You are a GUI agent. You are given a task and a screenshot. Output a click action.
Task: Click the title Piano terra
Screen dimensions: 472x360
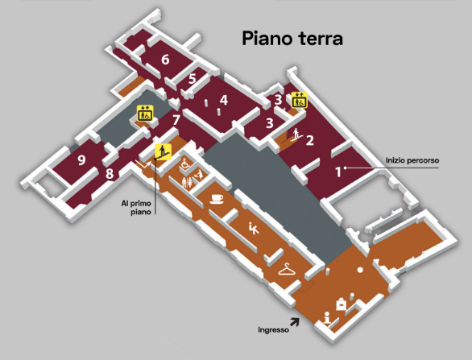292,39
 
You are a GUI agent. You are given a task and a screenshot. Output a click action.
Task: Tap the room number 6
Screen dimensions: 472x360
165,60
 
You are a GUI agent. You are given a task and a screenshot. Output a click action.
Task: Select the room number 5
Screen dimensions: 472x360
193,79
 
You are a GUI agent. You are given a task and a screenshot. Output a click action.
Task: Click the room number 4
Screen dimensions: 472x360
224,100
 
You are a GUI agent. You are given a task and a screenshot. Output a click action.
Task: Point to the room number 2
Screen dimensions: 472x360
310,140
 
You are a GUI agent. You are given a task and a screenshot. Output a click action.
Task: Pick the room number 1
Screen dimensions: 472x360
338,172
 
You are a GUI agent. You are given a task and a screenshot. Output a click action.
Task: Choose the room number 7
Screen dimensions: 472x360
176,120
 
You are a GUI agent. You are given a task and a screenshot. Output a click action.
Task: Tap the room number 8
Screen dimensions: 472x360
110,174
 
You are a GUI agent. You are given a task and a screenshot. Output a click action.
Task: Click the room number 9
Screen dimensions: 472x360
81,160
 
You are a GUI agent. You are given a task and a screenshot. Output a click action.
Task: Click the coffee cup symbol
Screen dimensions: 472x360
217,199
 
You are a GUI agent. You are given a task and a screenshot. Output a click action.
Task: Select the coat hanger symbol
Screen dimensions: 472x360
287,269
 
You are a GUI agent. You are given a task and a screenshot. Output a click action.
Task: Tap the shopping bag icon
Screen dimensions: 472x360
341,304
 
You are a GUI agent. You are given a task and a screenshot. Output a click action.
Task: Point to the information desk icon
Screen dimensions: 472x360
326,317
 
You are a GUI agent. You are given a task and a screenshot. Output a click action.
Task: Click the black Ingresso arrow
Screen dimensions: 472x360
295,322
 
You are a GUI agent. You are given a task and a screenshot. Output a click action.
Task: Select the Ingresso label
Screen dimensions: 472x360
273,330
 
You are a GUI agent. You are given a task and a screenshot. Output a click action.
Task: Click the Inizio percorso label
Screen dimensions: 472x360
412,160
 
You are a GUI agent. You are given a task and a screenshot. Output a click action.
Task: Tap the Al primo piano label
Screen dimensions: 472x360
136,208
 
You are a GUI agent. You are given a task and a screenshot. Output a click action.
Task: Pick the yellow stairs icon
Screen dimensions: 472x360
164,151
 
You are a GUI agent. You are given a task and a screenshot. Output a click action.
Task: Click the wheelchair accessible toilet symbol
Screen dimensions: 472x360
185,164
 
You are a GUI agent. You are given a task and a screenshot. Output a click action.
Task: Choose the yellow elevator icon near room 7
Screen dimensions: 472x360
146,113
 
